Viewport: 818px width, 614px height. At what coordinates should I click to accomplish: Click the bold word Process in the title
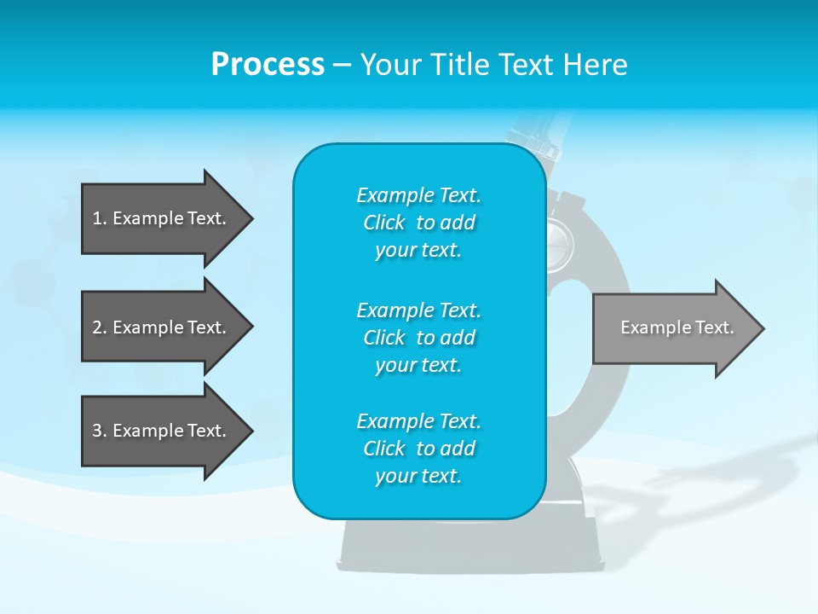point(268,65)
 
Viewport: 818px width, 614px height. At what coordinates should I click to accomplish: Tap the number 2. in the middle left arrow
point(99,327)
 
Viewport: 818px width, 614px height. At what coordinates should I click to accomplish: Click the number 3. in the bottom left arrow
point(99,431)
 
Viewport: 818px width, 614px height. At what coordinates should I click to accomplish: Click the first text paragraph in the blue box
point(418,223)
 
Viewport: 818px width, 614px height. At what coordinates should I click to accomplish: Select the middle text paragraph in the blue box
point(418,338)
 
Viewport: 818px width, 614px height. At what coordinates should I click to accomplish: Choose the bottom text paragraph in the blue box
point(418,449)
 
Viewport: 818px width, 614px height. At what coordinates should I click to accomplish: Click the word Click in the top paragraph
point(384,223)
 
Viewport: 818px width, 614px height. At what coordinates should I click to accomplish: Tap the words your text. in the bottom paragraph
point(418,476)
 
